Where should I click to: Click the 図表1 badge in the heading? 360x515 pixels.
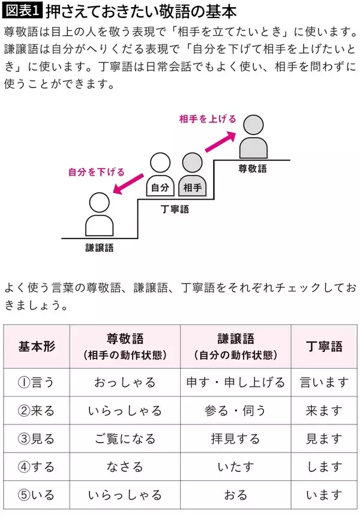(x=22, y=11)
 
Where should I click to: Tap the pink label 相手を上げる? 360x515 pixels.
(x=208, y=119)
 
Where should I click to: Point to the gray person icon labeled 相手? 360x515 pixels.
(x=193, y=175)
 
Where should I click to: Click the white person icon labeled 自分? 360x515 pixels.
(x=160, y=175)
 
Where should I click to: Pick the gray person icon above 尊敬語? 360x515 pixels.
(x=253, y=137)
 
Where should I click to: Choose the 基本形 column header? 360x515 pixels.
(x=37, y=347)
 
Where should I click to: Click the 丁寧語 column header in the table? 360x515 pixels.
(x=324, y=347)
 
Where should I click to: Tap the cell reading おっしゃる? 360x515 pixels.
(x=125, y=383)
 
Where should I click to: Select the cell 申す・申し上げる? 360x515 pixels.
(x=235, y=383)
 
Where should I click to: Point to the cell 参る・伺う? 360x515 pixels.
(x=235, y=411)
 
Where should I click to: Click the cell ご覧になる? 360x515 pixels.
(x=125, y=439)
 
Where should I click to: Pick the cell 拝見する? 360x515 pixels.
(x=235, y=439)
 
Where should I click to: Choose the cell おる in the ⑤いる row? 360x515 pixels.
(x=235, y=495)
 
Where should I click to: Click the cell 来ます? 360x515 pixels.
(x=324, y=411)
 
